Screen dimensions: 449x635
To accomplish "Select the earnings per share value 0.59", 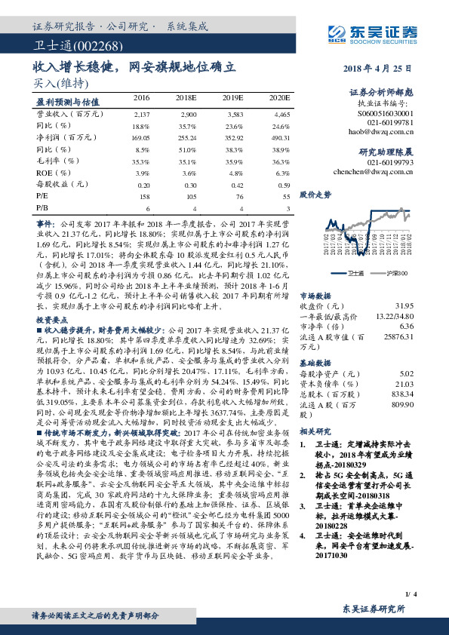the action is pos(284,184).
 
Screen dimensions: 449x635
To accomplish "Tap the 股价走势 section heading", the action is pos(315,194).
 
